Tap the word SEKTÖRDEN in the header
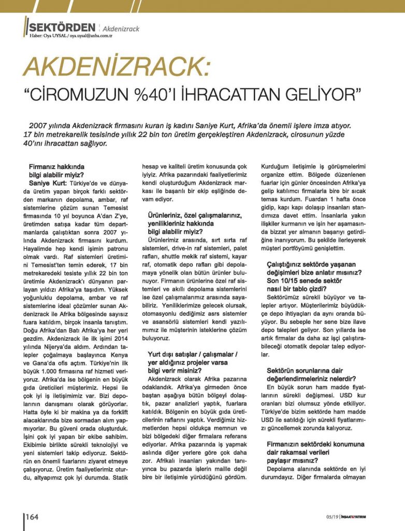[x=62, y=27]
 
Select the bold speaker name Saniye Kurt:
[x=48, y=184]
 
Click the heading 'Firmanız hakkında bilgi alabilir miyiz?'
[x=56, y=171]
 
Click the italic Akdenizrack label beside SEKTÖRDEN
[x=121, y=28]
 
